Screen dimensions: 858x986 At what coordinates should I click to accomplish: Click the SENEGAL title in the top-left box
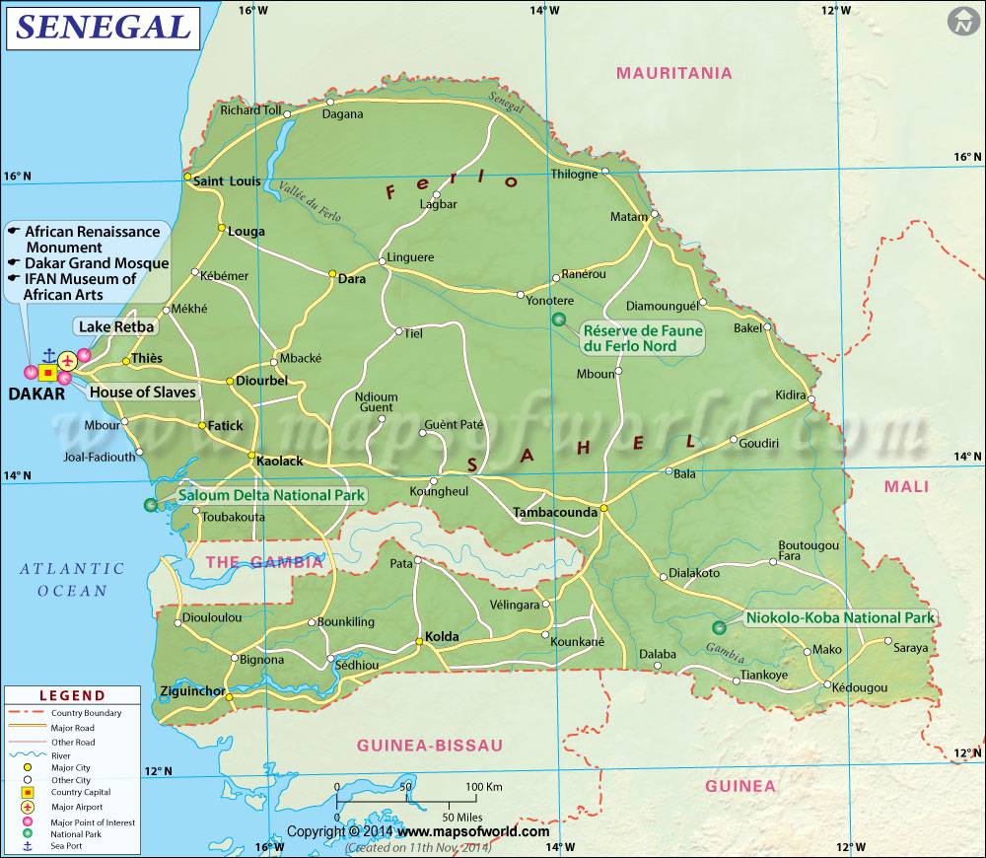pos(104,27)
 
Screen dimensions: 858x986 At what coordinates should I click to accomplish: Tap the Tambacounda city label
pos(554,512)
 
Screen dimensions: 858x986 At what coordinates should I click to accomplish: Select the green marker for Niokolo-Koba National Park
pos(719,626)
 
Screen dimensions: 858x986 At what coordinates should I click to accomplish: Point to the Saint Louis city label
pos(227,180)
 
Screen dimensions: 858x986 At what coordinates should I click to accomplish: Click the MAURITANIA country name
pos(673,73)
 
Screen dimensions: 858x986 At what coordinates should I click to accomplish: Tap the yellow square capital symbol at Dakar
pos(47,373)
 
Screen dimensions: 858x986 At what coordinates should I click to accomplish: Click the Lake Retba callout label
pos(116,326)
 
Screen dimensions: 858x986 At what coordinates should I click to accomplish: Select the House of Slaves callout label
pos(143,392)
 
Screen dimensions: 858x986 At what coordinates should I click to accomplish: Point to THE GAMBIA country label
pos(263,562)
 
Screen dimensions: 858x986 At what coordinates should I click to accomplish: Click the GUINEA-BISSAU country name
pos(430,745)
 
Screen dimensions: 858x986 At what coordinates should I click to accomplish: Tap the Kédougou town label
pos(859,687)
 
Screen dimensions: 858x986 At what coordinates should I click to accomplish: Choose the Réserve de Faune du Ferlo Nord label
pos(643,338)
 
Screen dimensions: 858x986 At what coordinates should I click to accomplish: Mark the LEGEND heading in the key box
pos(72,695)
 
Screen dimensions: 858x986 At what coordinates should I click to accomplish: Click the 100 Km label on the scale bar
pos(484,786)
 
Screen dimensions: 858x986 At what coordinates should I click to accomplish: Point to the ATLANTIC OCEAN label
pos(72,579)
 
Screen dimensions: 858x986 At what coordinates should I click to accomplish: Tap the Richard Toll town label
pos(250,109)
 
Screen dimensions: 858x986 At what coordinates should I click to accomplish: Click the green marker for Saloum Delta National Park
pos(150,505)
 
